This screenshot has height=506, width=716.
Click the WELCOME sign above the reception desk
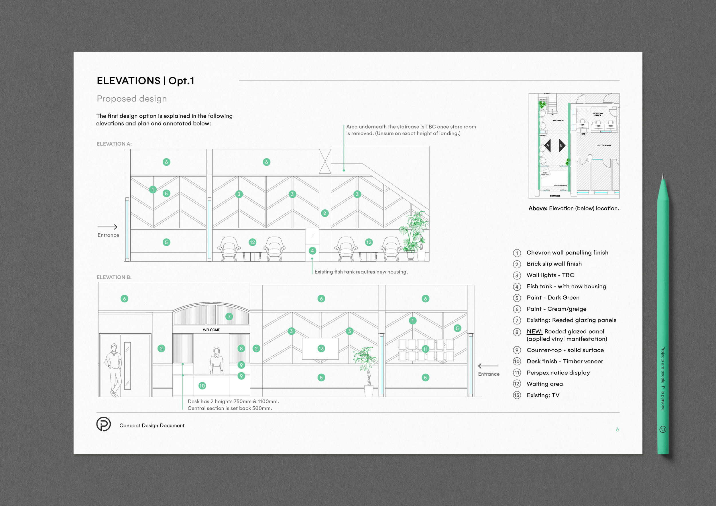211,330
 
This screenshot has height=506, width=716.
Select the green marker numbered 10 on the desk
202,386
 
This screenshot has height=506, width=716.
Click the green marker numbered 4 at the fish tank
312,251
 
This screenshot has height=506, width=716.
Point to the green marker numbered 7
229,316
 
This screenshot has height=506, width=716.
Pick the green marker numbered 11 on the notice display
425,349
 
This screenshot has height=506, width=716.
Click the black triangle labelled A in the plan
548,145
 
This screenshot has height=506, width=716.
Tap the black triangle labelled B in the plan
562,145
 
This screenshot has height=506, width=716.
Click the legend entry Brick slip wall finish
554,264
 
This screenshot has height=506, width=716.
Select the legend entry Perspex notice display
558,373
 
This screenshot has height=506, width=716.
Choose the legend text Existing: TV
543,395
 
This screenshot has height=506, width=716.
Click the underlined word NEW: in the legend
534,331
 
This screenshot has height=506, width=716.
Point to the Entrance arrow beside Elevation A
108,227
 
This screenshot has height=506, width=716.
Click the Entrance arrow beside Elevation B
488,366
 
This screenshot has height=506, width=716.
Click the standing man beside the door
114,369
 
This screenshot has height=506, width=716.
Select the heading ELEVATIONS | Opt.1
145,81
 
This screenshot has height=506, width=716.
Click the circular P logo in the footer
103,424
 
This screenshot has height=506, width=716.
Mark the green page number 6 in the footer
617,430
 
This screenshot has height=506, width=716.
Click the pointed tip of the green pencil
663,176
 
